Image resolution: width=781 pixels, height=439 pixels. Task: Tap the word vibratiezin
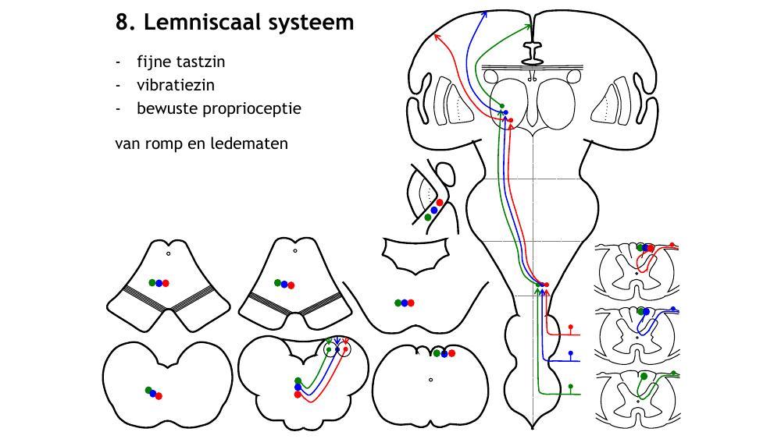(x=175, y=85)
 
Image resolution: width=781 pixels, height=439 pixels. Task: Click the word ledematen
(x=249, y=143)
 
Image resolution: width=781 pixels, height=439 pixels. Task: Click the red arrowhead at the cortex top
(x=437, y=36)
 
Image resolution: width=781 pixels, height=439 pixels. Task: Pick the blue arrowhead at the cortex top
(x=485, y=12)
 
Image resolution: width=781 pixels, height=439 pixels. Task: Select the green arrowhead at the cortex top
(x=529, y=26)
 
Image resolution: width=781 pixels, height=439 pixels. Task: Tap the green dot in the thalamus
(x=502, y=106)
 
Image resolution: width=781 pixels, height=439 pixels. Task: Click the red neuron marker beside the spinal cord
(x=571, y=326)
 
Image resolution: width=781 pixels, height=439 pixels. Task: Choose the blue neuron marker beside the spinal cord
(x=571, y=354)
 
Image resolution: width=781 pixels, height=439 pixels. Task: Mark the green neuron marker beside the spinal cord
(x=571, y=386)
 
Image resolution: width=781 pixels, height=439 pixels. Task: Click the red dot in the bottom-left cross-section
(x=159, y=396)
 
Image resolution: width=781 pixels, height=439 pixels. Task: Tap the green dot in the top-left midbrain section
(x=152, y=282)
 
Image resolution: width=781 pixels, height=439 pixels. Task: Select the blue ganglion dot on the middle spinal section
(x=672, y=310)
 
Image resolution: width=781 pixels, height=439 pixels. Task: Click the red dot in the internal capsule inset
(x=440, y=203)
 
